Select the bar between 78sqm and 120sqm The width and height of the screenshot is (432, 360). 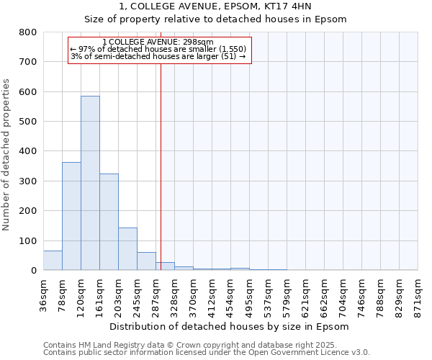pyautogui.click(x=71, y=216)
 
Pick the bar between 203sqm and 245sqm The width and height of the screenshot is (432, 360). pyautogui.click(x=127, y=248)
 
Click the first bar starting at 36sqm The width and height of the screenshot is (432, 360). pyautogui.click(x=53, y=261)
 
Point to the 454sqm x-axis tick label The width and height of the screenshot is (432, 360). pyautogui.click(x=231, y=294)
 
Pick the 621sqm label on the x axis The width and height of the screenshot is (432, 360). pyautogui.click(x=306, y=294)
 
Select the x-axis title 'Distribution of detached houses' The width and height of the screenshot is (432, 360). pyautogui.click(x=230, y=326)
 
